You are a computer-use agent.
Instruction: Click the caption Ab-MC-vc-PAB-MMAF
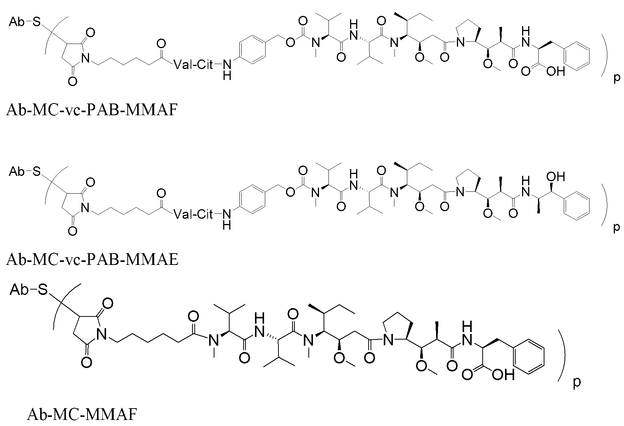[92, 110]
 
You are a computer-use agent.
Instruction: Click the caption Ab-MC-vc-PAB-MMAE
[92, 260]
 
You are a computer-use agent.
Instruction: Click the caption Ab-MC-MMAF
[82, 414]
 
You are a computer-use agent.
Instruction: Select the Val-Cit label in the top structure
[193, 65]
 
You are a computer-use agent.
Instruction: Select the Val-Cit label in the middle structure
[193, 214]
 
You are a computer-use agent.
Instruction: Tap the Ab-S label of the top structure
[25, 22]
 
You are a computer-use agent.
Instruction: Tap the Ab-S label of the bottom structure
[29, 290]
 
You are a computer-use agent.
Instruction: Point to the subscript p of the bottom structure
[577, 382]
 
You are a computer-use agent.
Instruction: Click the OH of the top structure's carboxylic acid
[555, 71]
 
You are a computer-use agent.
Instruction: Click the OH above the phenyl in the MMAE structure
[555, 177]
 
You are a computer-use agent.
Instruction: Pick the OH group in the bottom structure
[503, 375]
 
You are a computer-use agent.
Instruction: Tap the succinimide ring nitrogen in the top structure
[85, 58]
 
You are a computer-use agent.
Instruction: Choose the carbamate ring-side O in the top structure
[290, 42]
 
